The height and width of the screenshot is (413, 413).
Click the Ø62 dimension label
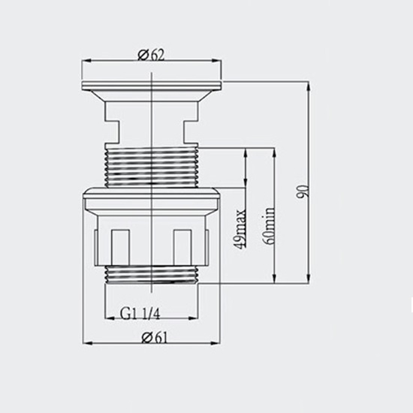[x=151, y=55]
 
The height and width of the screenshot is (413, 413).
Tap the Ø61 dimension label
[x=155, y=337]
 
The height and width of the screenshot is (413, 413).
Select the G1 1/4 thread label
[x=140, y=314]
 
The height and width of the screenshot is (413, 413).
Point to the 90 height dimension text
[x=303, y=191]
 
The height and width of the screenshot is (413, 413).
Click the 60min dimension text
[x=269, y=226]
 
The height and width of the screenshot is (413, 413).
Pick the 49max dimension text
[x=240, y=228]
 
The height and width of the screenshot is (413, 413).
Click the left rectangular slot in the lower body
[x=120, y=247]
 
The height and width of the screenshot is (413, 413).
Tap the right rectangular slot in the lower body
[x=182, y=247]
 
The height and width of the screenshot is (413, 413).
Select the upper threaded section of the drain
[x=152, y=167]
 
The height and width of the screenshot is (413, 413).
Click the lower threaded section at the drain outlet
[x=152, y=274]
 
